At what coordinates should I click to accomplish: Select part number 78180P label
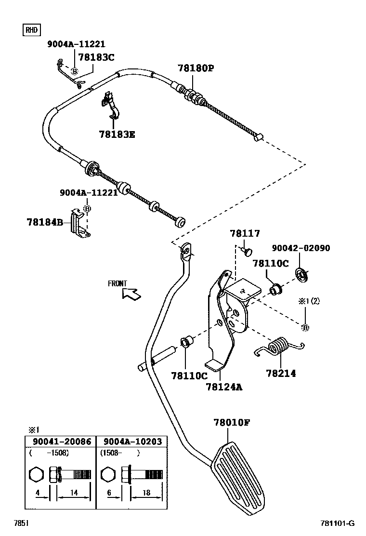pos(195,68)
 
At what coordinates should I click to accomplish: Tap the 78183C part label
pos(96,57)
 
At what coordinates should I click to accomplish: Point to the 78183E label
pos(118,134)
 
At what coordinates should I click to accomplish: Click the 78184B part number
pos(45,222)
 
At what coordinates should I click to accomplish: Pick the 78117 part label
pos(245,234)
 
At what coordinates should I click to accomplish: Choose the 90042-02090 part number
pos(301,248)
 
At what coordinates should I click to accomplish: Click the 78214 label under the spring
pos(281,373)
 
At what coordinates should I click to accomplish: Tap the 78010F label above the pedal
pos(232,423)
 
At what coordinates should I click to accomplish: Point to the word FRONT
pos(117,283)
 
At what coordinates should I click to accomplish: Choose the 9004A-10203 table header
pos(132,441)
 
